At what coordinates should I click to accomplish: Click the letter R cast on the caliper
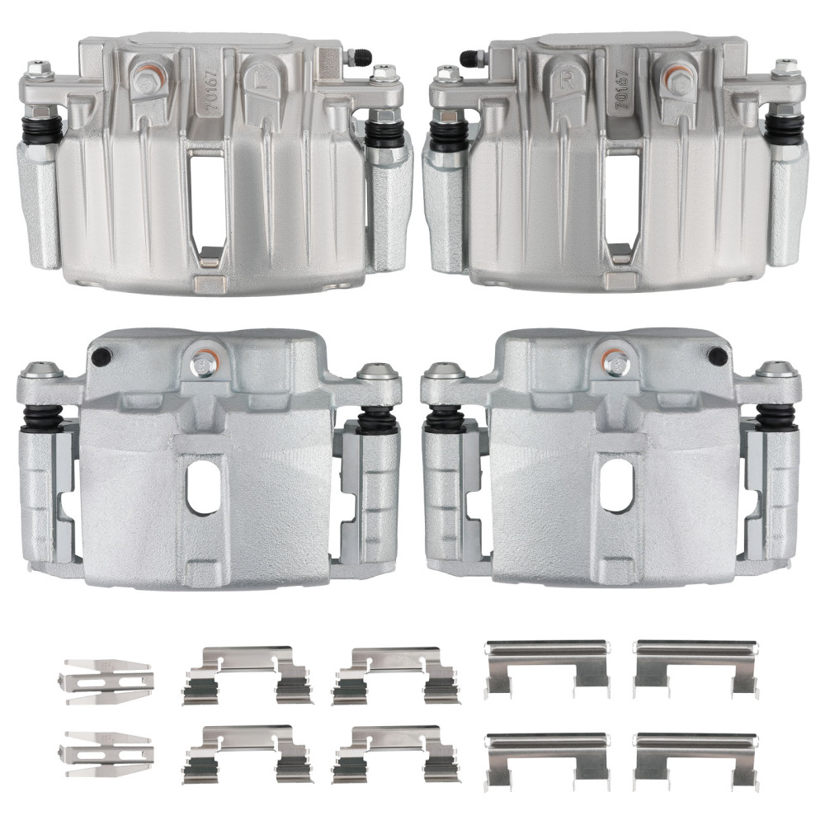tap(568, 81)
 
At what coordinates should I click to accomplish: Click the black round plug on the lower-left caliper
tap(102, 357)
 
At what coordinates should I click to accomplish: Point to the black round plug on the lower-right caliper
tap(717, 356)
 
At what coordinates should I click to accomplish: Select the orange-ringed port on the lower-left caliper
tap(202, 361)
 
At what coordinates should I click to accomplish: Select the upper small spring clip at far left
tap(106, 681)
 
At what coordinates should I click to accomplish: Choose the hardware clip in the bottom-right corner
tap(695, 757)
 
